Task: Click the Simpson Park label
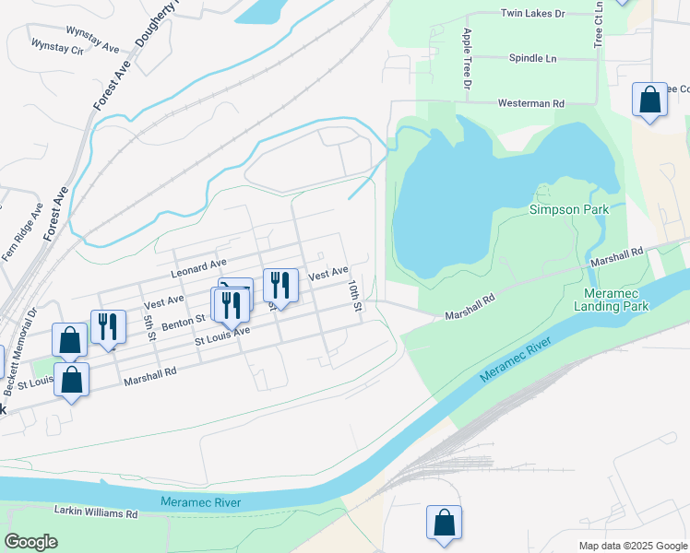tap(568, 209)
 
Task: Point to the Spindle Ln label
tap(532, 58)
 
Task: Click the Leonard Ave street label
tap(198, 268)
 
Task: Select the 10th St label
tap(353, 296)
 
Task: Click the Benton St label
tap(183, 321)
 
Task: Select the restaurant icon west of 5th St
tap(108, 326)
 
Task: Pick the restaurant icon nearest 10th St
tap(280, 285)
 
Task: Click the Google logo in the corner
tap(31, 542)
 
